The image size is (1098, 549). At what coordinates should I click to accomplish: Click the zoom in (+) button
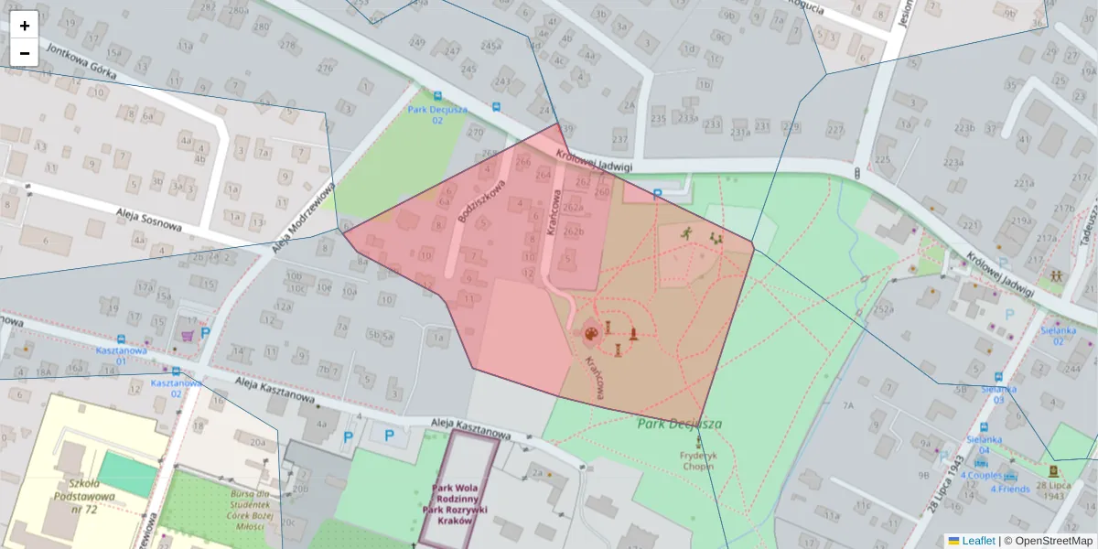click(x=25, y=26)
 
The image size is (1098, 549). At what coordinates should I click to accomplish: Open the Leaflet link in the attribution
click(x=977, y=541)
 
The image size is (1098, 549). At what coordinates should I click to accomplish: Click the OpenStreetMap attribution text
click(x=1048, y=541)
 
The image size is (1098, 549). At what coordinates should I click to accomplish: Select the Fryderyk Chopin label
click(x=698, y=460)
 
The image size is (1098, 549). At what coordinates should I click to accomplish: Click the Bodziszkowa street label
click(x=483, y=202)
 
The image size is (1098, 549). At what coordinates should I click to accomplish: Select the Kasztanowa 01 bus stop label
click(x=122, y=355)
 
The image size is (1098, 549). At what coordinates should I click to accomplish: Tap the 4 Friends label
click(x=1009, y=489)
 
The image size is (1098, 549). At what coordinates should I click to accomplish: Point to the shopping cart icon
click(x=188, y=335)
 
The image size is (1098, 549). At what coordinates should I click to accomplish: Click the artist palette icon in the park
click(x=592, y=332)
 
